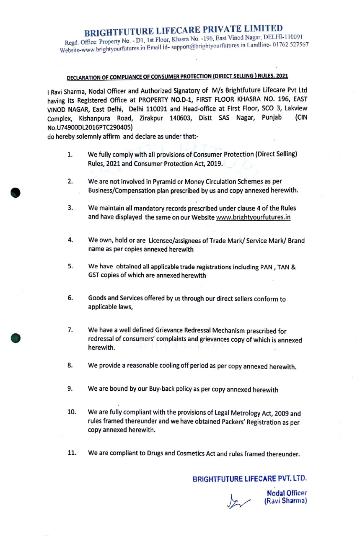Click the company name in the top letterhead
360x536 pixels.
tap(184, 31)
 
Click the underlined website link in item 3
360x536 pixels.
tap(253, 217)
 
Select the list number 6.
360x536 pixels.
tap(71, 298)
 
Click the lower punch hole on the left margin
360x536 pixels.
tap(16, 338)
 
